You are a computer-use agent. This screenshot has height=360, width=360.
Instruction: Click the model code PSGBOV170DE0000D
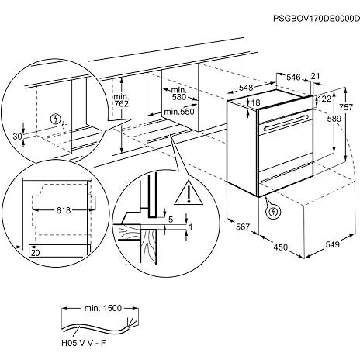click(317, 19)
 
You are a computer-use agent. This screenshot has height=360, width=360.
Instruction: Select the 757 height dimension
click(345, 106)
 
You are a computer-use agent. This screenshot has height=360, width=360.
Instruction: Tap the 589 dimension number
click(334, 119)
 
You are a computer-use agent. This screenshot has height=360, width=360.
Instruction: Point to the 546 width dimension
click(293, 77)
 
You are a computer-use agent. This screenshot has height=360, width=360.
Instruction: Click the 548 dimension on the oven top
click(246, 88)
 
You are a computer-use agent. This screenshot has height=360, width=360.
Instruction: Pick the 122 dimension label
click(325, 99)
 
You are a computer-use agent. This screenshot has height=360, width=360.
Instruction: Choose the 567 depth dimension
click(243, 227)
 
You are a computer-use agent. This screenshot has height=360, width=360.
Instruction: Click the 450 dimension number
click(281, 247)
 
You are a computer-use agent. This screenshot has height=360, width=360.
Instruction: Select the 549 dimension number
click(332, 244)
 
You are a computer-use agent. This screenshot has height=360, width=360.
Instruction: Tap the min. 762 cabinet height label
click(121, 100)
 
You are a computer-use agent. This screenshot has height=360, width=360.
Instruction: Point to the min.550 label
click(179, 112)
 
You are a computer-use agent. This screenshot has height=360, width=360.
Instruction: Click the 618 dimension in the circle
click(64, 210)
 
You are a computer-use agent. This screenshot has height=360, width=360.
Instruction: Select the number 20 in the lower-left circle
click(36, 253)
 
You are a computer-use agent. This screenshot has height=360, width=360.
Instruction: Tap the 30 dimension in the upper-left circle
click(18, 137)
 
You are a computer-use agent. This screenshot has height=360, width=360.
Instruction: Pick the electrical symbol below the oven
click(273, 212)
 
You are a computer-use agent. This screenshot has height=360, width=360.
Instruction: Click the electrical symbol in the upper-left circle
click(56, 119)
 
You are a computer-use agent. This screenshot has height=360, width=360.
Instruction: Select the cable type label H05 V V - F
click(84, 343)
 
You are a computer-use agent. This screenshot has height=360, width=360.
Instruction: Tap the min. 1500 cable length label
click(102, 308)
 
